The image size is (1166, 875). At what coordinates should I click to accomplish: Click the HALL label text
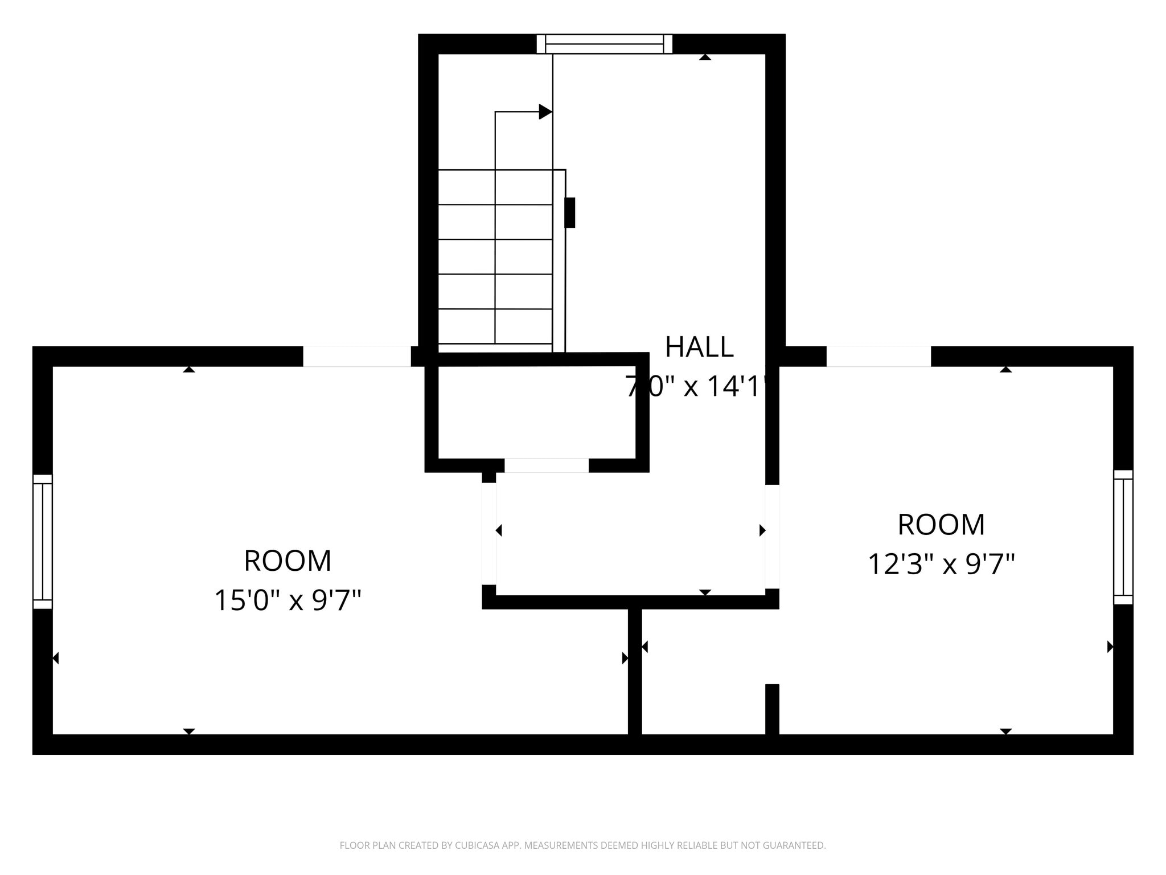tap(699, 347)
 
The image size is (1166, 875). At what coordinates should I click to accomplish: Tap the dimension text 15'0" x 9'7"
tap(288, 600)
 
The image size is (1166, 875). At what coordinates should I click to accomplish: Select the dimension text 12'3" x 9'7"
tap(941, 565)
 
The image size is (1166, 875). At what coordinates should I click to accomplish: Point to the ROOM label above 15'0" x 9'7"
tap(288, 561)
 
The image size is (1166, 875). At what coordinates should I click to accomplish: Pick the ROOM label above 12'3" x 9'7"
tap(941, 525)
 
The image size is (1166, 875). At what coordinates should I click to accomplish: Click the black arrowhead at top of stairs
tap(545, 112)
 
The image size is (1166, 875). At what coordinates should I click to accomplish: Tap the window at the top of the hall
tap(604, 44)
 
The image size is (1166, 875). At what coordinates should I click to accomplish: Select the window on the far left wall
tap(43, 541)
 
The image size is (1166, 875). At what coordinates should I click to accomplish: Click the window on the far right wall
tap(1123, 537)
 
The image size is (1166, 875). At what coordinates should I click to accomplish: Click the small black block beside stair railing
tap(569, 212)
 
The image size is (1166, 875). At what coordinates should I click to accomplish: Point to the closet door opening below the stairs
tap(547, 465)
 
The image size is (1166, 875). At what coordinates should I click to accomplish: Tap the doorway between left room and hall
tap(489, 534)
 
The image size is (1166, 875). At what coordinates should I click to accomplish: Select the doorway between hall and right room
tap(772, 536)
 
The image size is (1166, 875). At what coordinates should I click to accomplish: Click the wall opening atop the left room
tap(357, 356)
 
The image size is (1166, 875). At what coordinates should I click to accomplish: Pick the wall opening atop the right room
tap(878, 356)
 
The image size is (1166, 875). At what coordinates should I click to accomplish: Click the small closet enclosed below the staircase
tap(536, 412)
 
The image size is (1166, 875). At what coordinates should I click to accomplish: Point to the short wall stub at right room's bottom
tap(772, 709)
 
